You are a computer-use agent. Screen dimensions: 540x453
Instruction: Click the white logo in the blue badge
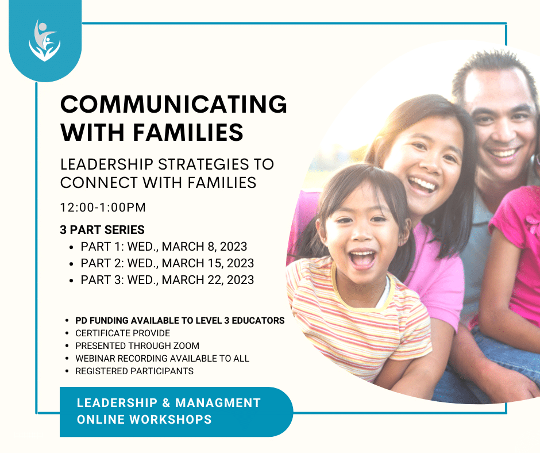click(x=45, y=41)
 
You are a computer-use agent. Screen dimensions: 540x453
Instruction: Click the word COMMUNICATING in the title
click(x=173, y=104)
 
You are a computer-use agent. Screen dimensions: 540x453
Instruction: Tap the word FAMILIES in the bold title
click(x=188, y=132)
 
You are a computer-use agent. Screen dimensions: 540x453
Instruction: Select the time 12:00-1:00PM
click(x=103, y=208)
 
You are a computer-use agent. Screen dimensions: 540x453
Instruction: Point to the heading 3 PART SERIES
click(x=102, y=229)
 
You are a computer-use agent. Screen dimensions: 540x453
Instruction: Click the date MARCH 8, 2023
click(x=204, y=247)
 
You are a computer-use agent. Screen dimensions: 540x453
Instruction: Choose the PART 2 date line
click(x=167, y=263)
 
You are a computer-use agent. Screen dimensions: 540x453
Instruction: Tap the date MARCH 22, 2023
click(x=207, y=280)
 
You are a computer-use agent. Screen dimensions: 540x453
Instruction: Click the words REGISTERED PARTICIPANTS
click(x=134, y=371)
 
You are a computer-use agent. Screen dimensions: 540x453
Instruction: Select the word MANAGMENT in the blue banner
click(x=218, y=402)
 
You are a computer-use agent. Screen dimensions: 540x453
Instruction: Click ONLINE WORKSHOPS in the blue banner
click(x=144, y=420)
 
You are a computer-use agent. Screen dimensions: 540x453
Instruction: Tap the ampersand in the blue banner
click(x=166, y=402)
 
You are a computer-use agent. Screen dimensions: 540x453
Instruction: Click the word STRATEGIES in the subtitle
click(x=203, y=164)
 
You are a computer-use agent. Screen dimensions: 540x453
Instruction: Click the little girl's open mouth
click(x=362, y=259)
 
